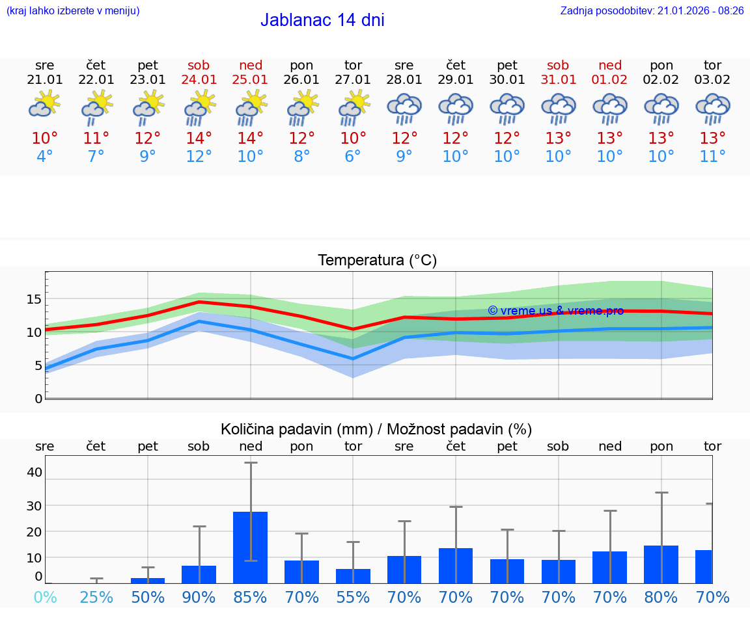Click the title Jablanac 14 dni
(322, 20)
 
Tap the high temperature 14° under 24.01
(199, 138)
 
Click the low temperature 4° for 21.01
(44, 157)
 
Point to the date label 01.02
(610, 79)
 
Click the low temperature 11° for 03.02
(712, 157)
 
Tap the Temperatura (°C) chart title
(377, 260)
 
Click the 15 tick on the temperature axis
(34, 300)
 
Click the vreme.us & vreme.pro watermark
(555, 311)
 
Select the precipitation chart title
(376, 429)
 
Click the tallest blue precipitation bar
(251, 547)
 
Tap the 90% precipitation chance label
(199, 597)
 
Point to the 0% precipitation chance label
(44, 597)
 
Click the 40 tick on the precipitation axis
(34, 472)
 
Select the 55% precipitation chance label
(353, 597)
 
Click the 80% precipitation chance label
(661, 597)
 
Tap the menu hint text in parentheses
(72, 10)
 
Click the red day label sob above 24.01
(199, 65)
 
